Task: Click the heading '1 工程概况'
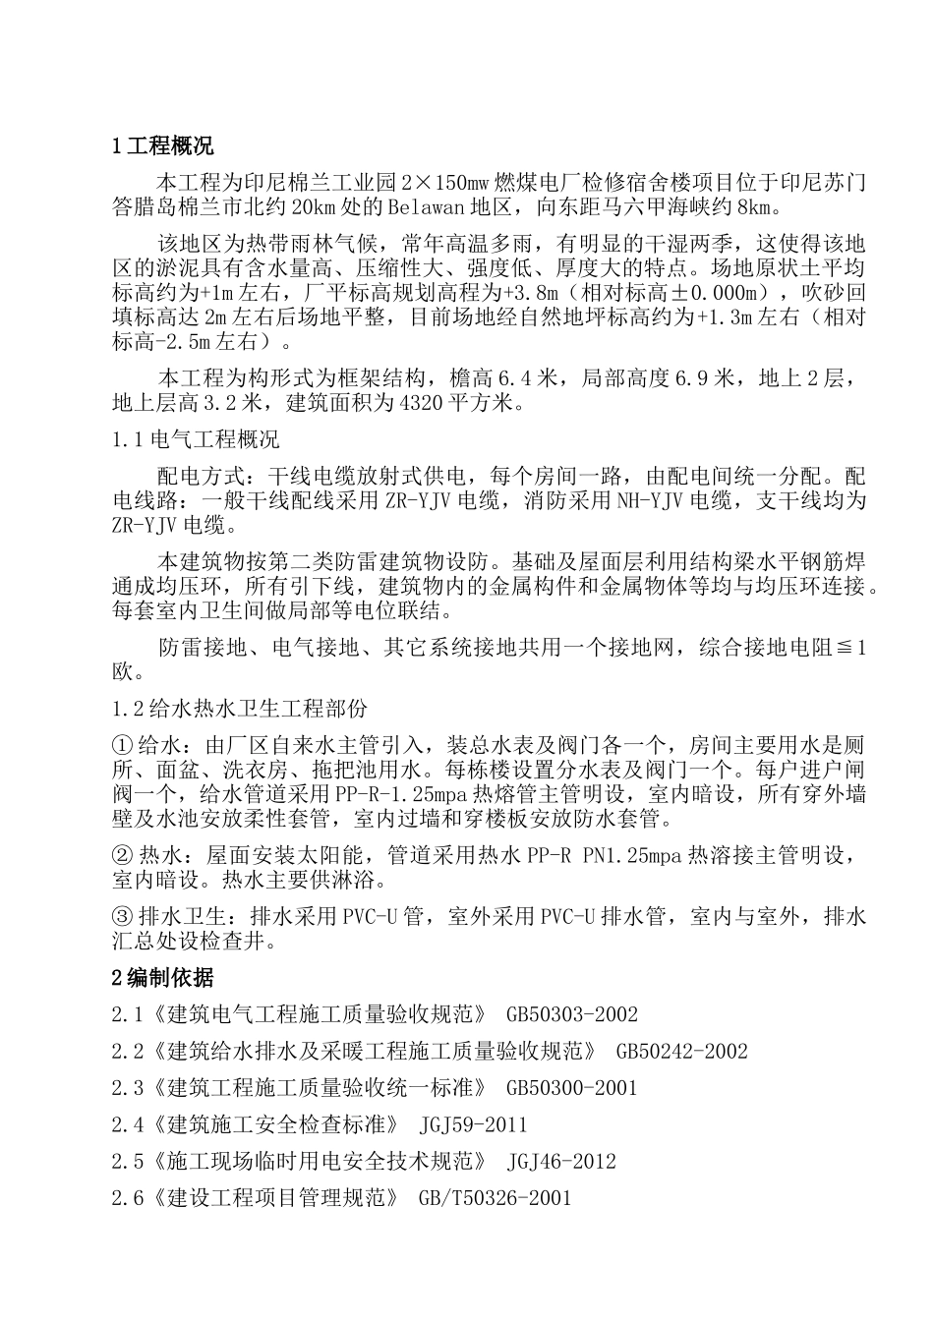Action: (x=162, y=147)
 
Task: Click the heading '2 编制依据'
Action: (x=162, y=977)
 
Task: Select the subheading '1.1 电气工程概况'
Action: (x=196, y=438)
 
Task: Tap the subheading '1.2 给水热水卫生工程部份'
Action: (x=241, y=708)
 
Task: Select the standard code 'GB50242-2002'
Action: (x=681, y=1052)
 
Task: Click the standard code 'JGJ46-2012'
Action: (x=561, y=1162)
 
